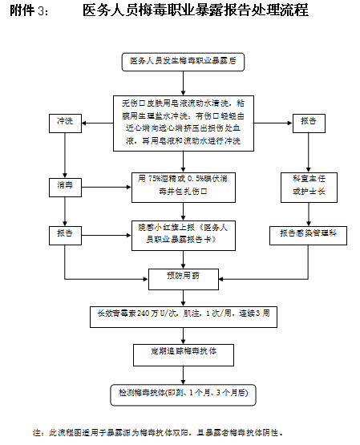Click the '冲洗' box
tap(65, 122)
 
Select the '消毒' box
tap(65, 185)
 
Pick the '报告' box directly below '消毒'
tap(65, 233)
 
